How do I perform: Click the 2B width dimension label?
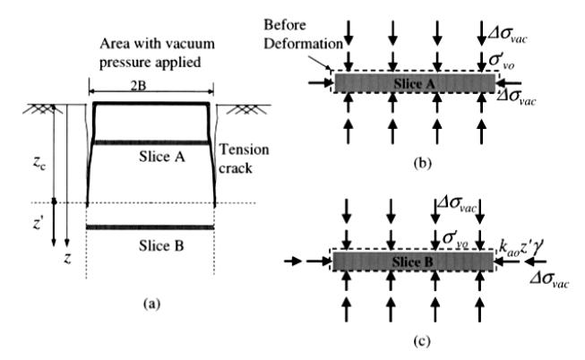coord(138,86)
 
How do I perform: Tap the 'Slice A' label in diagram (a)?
coord(162,157)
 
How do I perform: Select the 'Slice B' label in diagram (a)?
coord(161,246)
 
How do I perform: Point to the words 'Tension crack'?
coord(244,159)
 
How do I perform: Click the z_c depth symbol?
coord(39,162)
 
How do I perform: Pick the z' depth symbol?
coord(38,224)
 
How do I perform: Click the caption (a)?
coord(151,304)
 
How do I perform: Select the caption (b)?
coord(422,163)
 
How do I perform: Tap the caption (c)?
coord(422,341)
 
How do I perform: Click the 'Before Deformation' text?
coord(303,34)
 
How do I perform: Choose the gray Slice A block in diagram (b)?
coord(414,82)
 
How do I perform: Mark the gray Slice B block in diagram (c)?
coord(413,261)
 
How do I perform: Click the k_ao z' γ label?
coord(520,248)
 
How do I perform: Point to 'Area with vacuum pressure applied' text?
coord(157,53)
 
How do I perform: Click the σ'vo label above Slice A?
coord(501,60)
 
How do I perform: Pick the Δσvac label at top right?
coord(507,35)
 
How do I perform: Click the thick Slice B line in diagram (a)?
coord(150,227)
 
